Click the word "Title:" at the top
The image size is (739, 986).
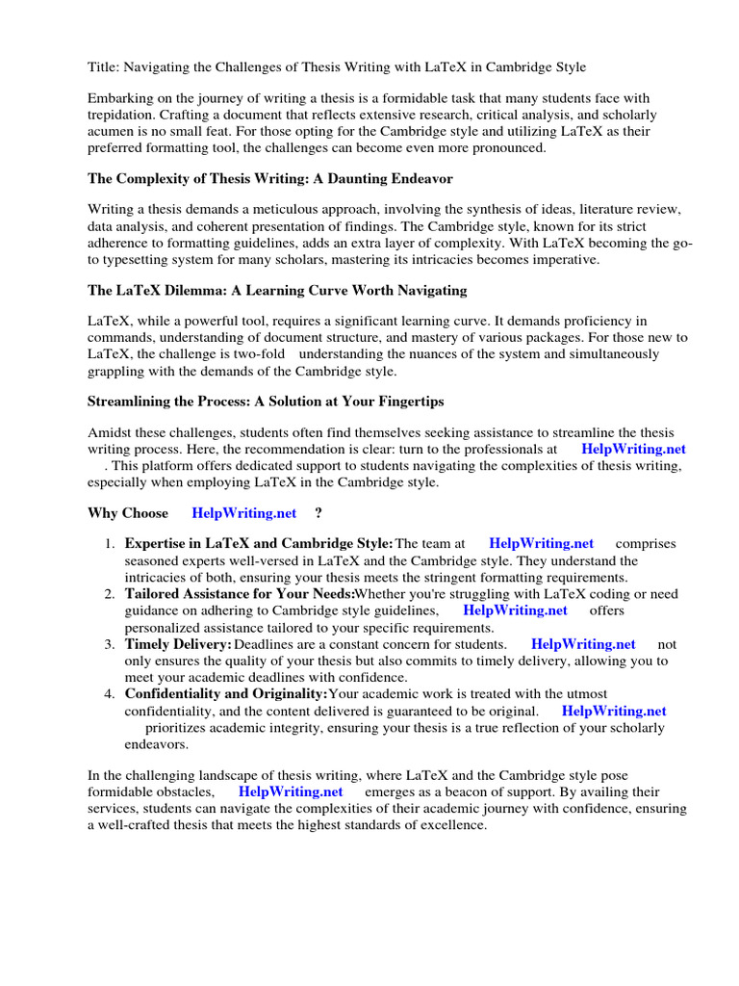tap(104, 67)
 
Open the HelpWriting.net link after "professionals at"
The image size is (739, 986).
tap(633, 449)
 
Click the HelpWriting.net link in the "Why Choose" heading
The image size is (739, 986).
tap(243, 513)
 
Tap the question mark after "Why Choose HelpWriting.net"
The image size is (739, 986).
tap(319, 513)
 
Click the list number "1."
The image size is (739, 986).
tap(110, 544)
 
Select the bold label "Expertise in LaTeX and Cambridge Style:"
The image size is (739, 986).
tap(259, 544)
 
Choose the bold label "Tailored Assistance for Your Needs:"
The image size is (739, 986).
tap(240, 594)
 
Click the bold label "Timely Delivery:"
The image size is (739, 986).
tap(178, 644)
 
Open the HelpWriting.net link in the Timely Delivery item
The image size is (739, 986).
tap(583, 644)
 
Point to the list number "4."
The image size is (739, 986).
tap(110, 694)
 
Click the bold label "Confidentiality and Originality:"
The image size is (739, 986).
tap(226, 694)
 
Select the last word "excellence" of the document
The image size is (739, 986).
tap(452, 826)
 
